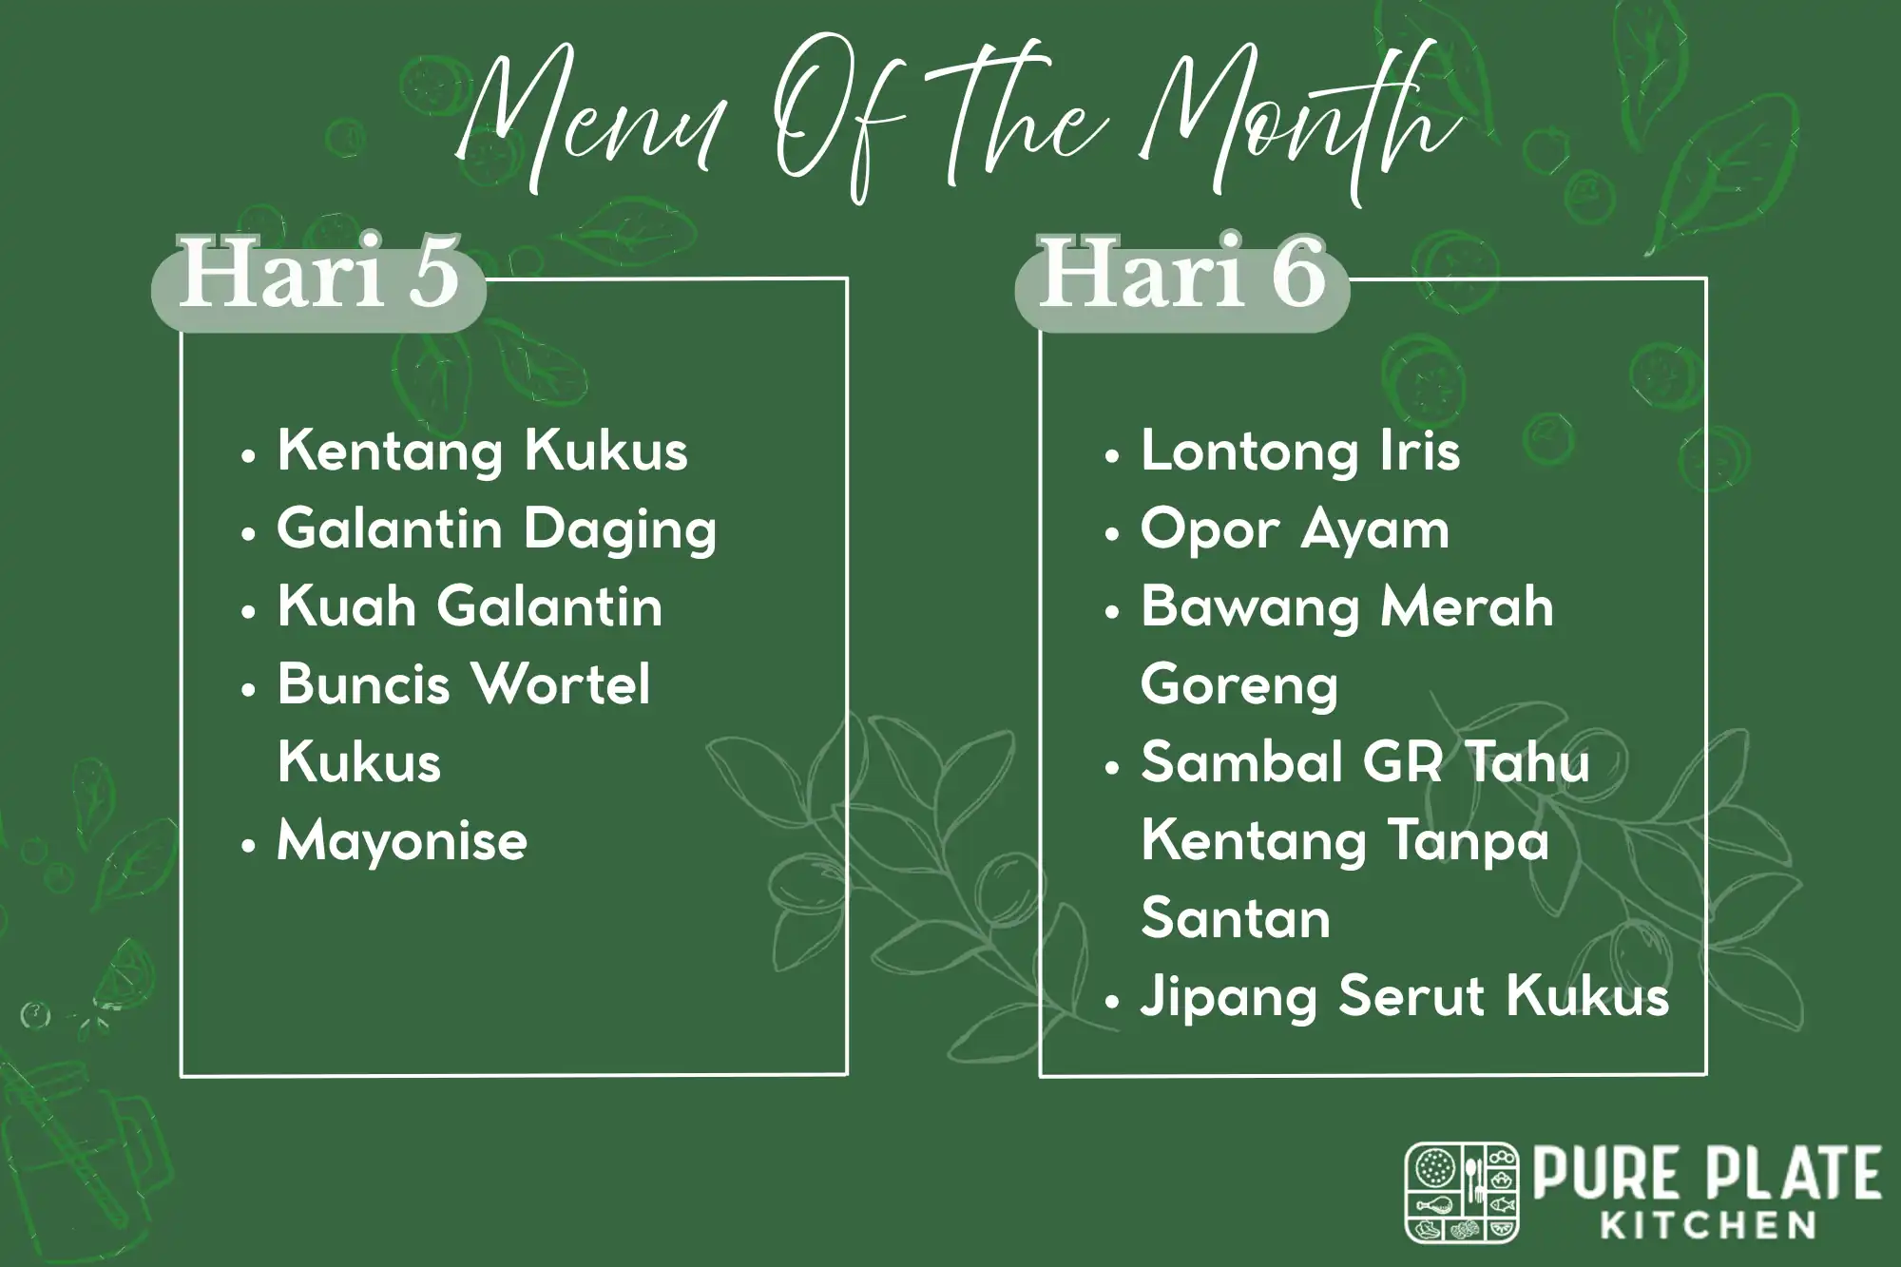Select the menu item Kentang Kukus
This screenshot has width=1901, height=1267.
(x=482, y=451)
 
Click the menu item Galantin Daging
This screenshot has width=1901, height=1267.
(x=496, y=529)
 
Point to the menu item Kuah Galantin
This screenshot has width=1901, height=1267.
(x=470, y=607)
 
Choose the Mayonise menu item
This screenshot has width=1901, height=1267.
(x=401, y=841)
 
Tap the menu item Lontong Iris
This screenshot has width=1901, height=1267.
(x=1299, y=451)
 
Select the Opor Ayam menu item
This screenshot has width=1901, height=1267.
(x=1295, y=529)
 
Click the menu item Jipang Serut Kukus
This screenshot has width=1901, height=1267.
(x=1404, y=997)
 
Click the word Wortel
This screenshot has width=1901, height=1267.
(x=560, y=684)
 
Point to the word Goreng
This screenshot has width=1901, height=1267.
(x=1239, y=685)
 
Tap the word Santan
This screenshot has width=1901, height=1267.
(x=1235, y=919)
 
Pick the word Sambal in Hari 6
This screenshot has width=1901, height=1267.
(x=1243, y=763)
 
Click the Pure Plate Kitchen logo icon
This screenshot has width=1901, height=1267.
(x=1461, y=1192)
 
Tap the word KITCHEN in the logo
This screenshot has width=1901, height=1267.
(x=1709, y=1224)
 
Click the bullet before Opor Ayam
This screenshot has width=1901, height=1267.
(x=1112, y=533)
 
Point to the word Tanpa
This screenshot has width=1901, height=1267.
(x=1469, y=841)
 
